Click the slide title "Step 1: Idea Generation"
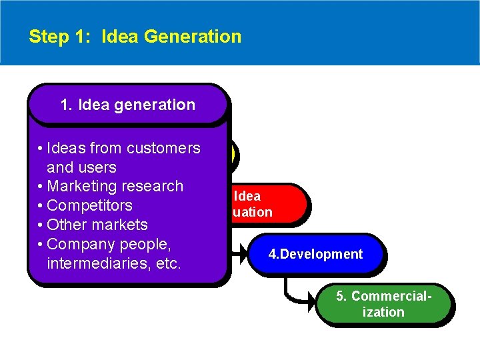click(135, 36)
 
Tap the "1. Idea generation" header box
click(127, 105)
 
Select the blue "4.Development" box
click(315, 254)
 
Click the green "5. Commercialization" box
click(383, 304)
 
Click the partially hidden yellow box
click(232, 155)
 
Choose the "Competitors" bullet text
click(89, 205)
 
